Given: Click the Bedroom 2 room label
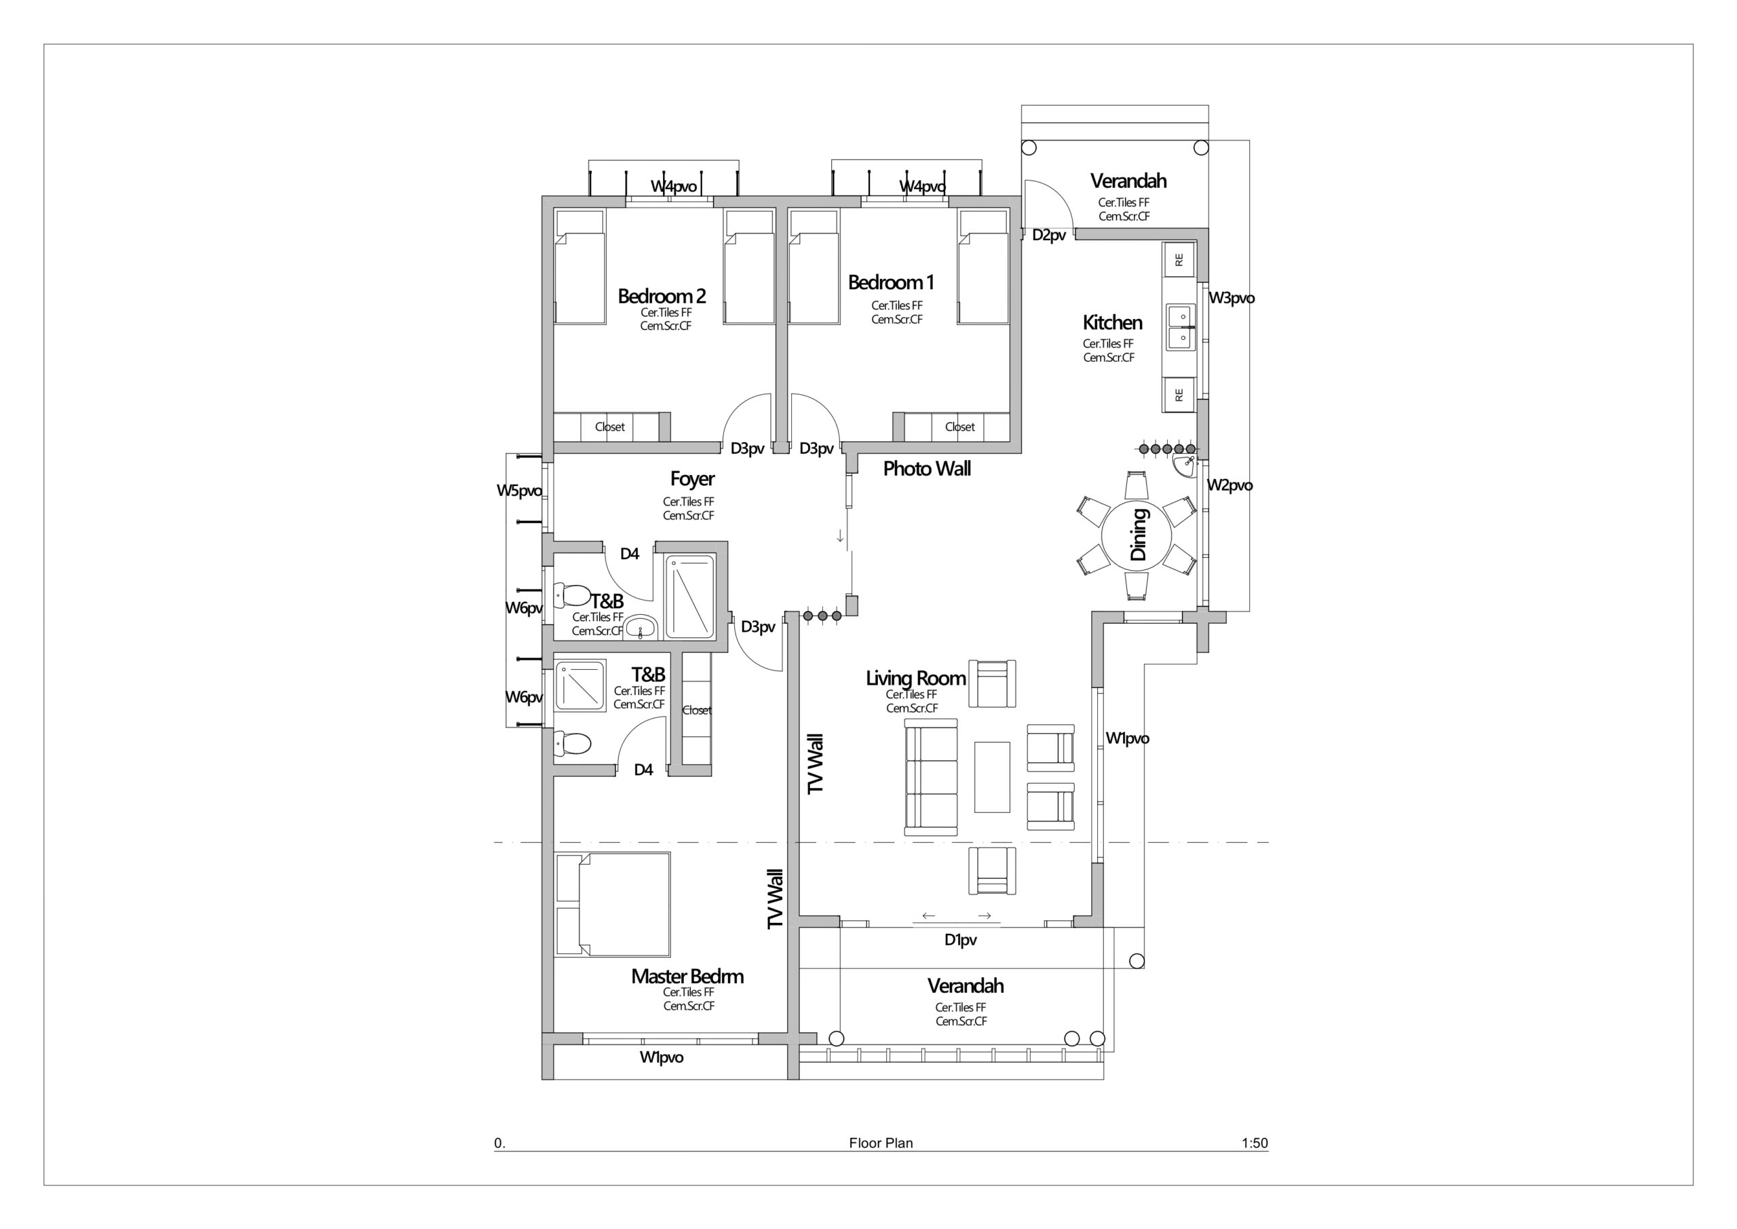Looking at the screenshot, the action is [x=662, y=296].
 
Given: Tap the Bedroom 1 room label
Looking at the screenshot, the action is [x=891, y=282].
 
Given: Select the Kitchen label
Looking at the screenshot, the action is [x=1112, y=322].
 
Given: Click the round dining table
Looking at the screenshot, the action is [x=1136, y=535].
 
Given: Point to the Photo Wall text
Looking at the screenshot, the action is [x=927, y=468].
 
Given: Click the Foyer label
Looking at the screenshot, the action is [x=692, y=479].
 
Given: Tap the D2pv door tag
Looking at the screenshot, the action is [x=1049, y=235].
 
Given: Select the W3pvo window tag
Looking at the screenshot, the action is [x=1232, y=298].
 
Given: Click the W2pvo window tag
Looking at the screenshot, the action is [x=1230, y=485].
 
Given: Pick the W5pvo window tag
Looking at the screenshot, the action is [x=519, y=491].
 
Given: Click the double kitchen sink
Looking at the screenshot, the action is [x=1179, y=327].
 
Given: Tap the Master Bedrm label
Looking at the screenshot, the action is [x=687, y=977].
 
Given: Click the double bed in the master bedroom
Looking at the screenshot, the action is [x=612, y=905].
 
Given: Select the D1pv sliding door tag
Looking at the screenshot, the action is [x=960, y=940].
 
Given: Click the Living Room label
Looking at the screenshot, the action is [x=915, y=678].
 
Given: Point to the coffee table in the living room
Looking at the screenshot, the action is [x=992, y=776].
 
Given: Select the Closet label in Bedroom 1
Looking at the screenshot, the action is [x=960, y=427].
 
